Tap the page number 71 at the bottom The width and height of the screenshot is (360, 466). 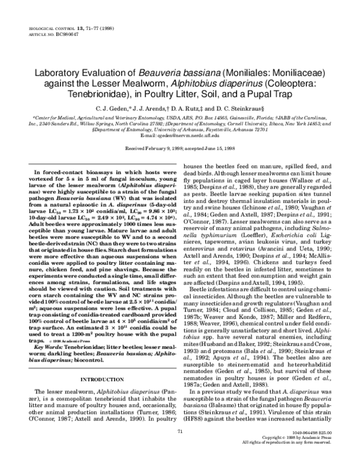[180, 449]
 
